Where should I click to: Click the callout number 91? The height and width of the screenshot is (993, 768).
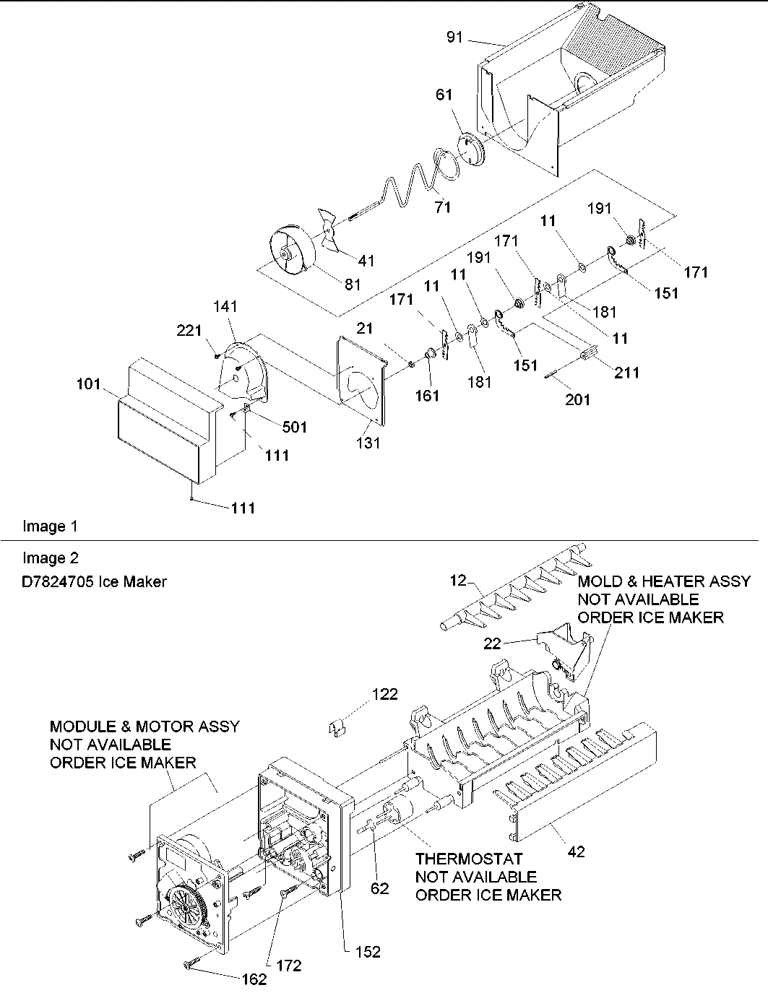point(454,38)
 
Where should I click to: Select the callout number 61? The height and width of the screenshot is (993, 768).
point(444,95)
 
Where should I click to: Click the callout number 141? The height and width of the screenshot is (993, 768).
point(225,307)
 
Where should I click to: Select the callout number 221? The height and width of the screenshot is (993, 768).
point(190,330)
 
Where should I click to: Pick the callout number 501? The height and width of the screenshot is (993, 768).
point(295,427)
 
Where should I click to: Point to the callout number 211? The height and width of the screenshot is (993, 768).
point(626,373)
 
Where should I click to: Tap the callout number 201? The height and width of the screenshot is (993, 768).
point(577,399)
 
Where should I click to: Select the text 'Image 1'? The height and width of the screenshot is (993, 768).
point(50,526)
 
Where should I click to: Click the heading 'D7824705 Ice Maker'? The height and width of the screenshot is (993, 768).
point(95,581)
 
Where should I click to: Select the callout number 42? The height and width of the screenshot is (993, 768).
point(576,851)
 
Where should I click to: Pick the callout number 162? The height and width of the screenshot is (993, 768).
point(254,980)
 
